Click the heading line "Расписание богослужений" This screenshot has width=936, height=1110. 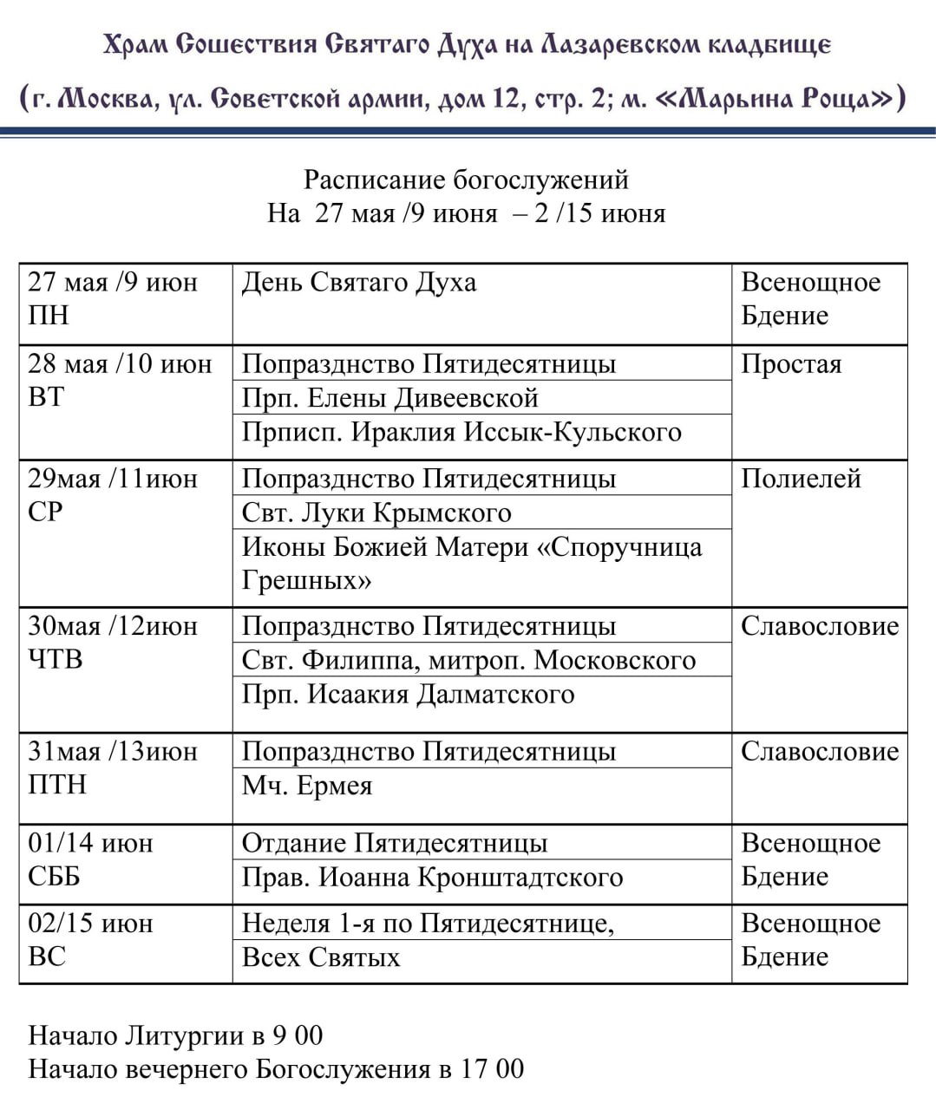pos(466,180)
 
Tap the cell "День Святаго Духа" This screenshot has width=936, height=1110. pos(358,283)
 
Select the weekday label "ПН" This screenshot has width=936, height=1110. pos(49,315)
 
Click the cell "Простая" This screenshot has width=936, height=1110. pos(791,363)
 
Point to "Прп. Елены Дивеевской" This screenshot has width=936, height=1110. pos(389,397)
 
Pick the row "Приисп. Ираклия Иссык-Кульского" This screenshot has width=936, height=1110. pos(461,432)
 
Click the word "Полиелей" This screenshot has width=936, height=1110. pos(801,478)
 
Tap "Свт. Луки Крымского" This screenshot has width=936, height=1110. pos(376,513)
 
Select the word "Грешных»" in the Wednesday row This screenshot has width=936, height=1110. pos(307,580)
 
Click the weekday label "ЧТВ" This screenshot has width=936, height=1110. pos(56,659)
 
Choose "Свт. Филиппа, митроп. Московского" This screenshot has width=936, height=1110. pos(468,660)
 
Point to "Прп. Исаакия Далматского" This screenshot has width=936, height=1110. pos(408,695)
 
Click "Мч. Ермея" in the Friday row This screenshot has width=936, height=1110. pos(307,786)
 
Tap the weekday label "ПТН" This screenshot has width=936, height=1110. pos(57,784)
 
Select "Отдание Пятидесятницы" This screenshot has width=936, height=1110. pos(395,843)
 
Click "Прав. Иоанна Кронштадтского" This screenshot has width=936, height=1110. pos(432,878)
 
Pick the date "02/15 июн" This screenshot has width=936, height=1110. pos(90,923)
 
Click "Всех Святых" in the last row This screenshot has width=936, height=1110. pos(321,957)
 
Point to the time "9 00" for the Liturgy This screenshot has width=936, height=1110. pos(298,1035)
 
